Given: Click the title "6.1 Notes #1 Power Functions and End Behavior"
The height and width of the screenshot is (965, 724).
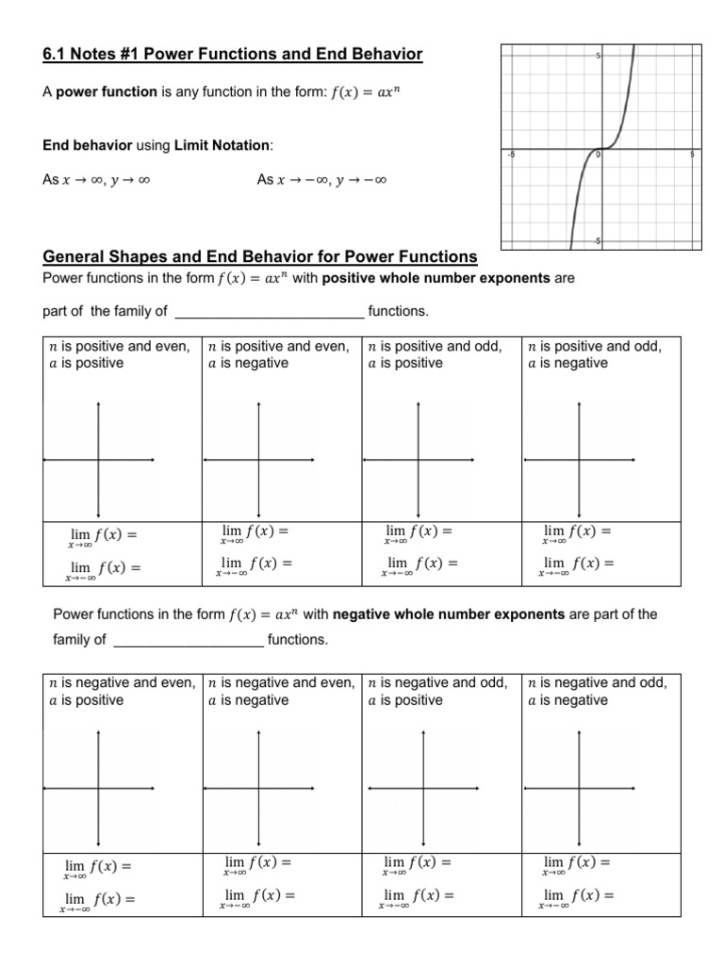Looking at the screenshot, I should [233, 55].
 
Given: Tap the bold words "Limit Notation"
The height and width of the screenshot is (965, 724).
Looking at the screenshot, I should [223, 145].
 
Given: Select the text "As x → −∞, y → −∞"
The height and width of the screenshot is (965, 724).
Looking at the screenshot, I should [322, 179].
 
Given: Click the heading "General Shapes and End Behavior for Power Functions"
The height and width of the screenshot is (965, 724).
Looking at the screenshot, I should [260, 257].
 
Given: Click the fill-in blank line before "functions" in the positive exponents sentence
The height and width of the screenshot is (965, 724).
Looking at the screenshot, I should [270, 312].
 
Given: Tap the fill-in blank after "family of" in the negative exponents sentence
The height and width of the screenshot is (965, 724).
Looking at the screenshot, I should [189, 641].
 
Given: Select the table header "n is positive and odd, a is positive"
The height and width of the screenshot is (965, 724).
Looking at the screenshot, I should [435, 354].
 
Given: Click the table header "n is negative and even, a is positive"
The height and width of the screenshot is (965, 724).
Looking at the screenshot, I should [122, 692].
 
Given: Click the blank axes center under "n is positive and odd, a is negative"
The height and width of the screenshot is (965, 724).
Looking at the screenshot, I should [580, 460].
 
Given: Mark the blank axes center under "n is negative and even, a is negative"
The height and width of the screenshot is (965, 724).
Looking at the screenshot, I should [259, 788].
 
